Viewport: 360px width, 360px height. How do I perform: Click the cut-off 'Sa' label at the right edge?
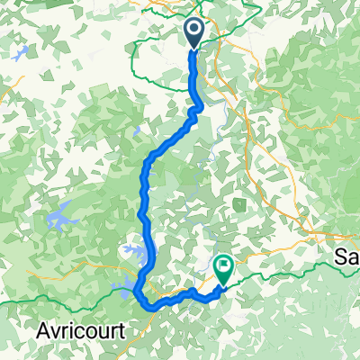coord(347,257)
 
